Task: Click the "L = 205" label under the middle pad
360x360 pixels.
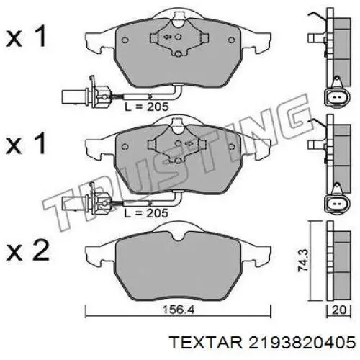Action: point(147,214)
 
